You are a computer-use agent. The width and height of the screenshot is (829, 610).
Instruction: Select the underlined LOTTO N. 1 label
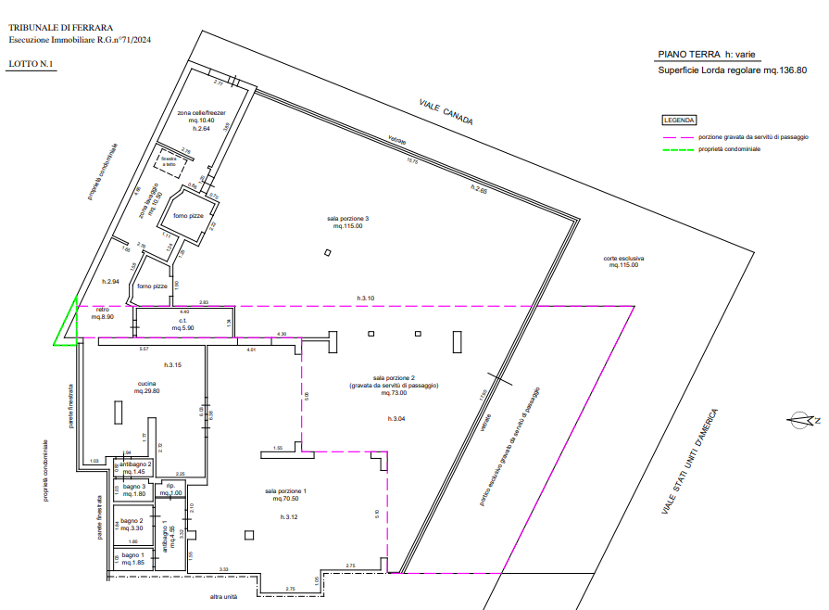coord(31,64)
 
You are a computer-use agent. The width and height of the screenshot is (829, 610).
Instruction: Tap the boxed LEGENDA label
coord(678,121)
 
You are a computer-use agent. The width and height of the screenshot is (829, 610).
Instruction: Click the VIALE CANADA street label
coord(447,112)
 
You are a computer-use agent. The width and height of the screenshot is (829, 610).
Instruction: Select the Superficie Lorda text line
coord(731,70)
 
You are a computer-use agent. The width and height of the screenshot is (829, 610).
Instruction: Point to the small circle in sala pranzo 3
coord(327,251)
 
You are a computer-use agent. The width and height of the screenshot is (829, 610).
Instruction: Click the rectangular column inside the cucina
coord(116,411)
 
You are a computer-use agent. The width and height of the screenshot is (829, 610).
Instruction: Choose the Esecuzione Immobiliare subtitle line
coord(79,40)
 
